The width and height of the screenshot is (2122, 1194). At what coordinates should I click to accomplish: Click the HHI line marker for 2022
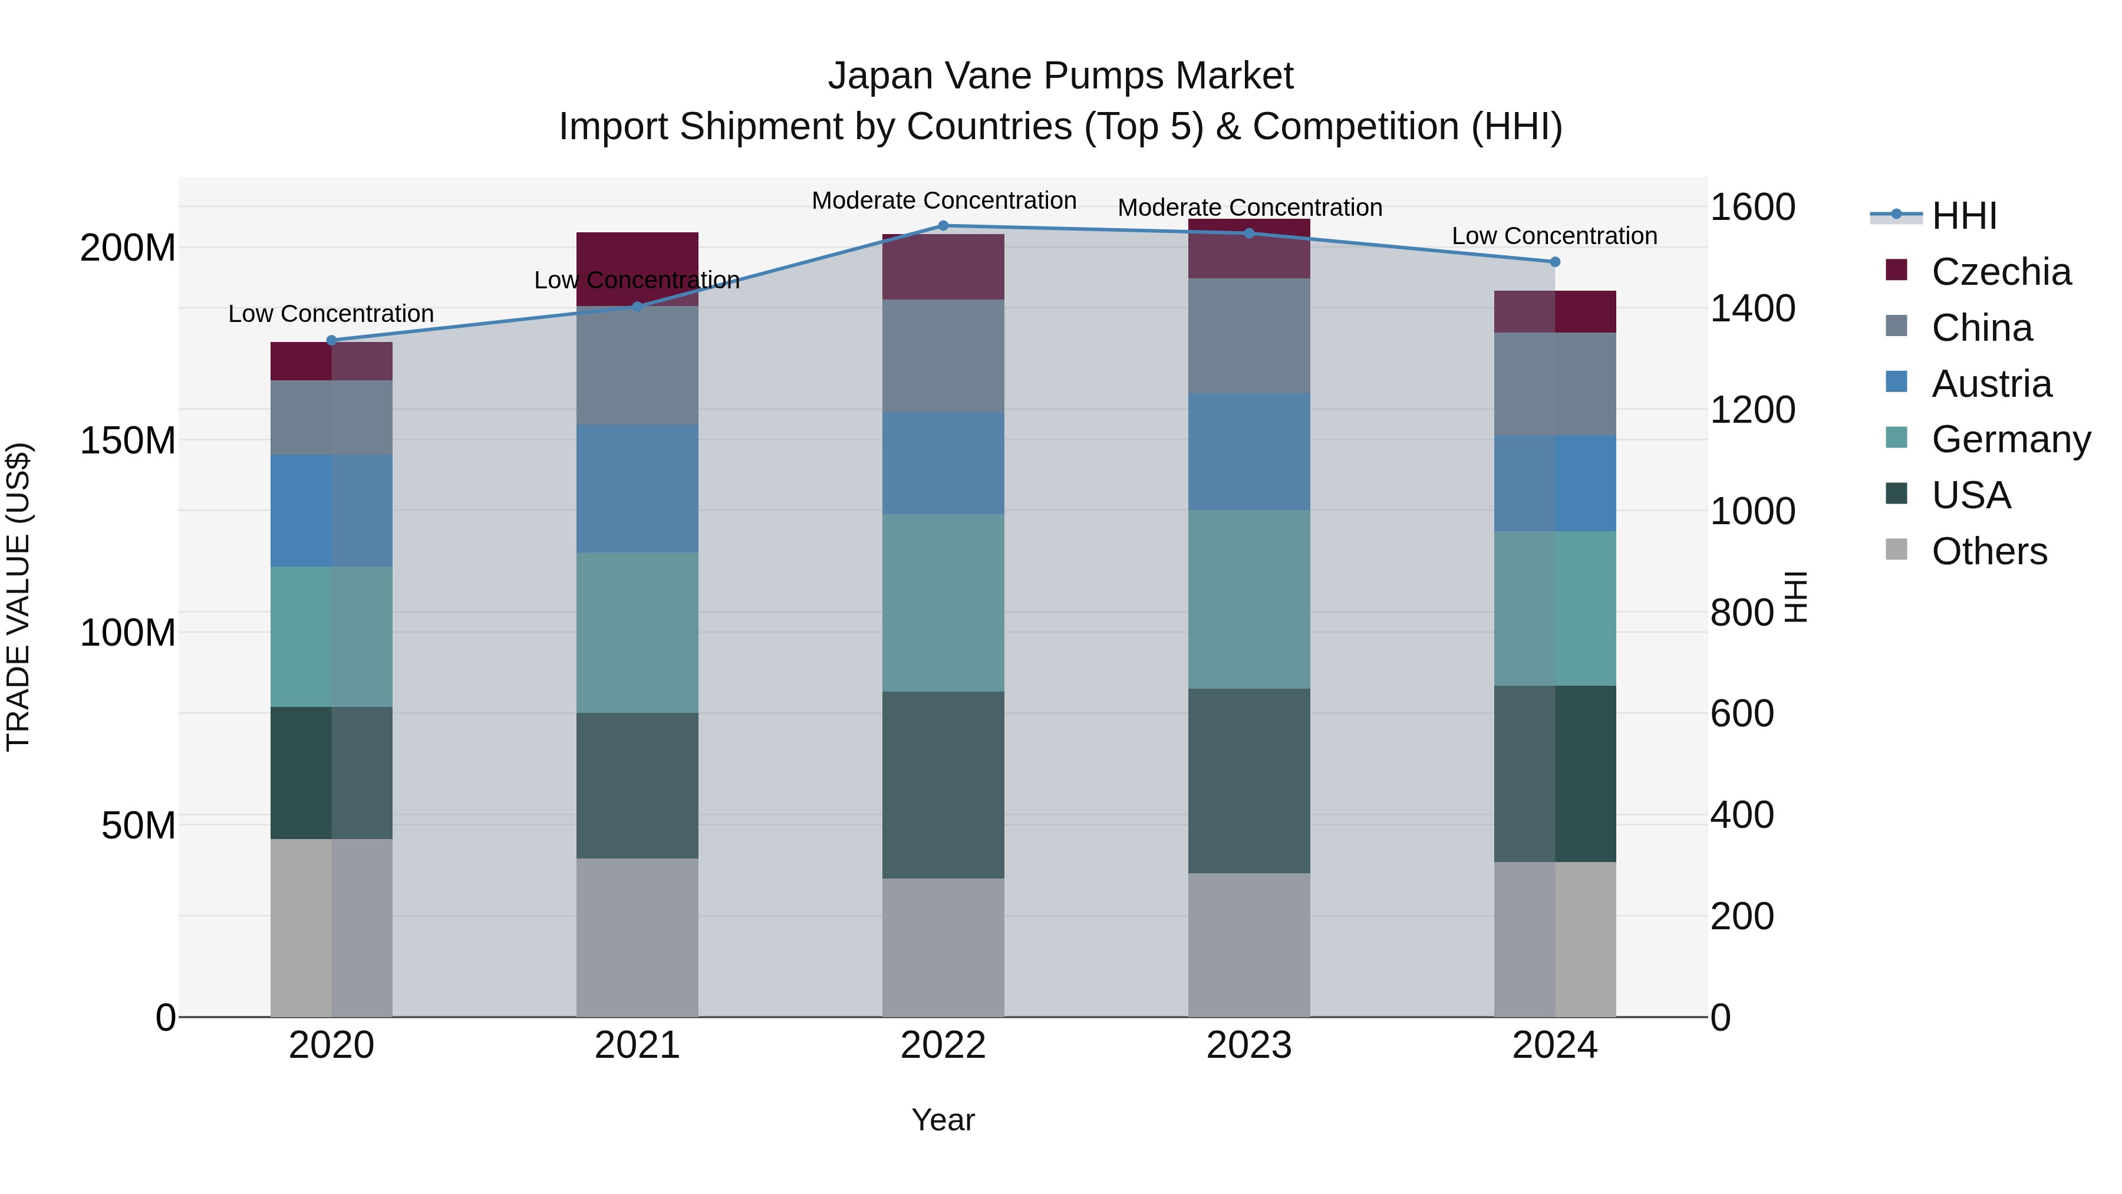click(x=943, y=226)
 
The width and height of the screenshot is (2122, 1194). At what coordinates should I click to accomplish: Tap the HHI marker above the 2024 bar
click(x=1554, y=262)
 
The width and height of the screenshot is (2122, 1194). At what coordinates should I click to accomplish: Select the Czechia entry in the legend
click(x=2000, y=272)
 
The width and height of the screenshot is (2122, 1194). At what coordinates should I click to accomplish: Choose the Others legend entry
click(x=1989, y=551)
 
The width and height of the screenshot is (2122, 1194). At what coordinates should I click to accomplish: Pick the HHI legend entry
click(x=1964, y=216)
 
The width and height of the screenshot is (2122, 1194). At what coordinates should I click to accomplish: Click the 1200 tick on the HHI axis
click(x=1752, y=410)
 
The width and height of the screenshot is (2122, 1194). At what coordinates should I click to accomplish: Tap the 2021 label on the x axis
click(x=637, y=1045)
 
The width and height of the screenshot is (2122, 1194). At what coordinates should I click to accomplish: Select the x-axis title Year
click(x=943, y=1120)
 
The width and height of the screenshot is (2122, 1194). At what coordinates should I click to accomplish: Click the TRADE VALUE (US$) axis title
click(x=18, y=597)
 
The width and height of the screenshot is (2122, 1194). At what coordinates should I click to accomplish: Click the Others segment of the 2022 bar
click(x=943, y=947)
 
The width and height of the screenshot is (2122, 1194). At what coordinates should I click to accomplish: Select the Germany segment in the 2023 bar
click(x=1249, y=599)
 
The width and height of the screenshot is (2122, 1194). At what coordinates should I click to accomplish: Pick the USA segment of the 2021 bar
click(x=637, y=785)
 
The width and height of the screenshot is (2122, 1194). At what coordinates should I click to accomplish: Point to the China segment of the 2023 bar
click(x=1249, y=335)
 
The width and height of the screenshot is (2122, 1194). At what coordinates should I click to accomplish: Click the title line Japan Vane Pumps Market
click(x=1060, y=76)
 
